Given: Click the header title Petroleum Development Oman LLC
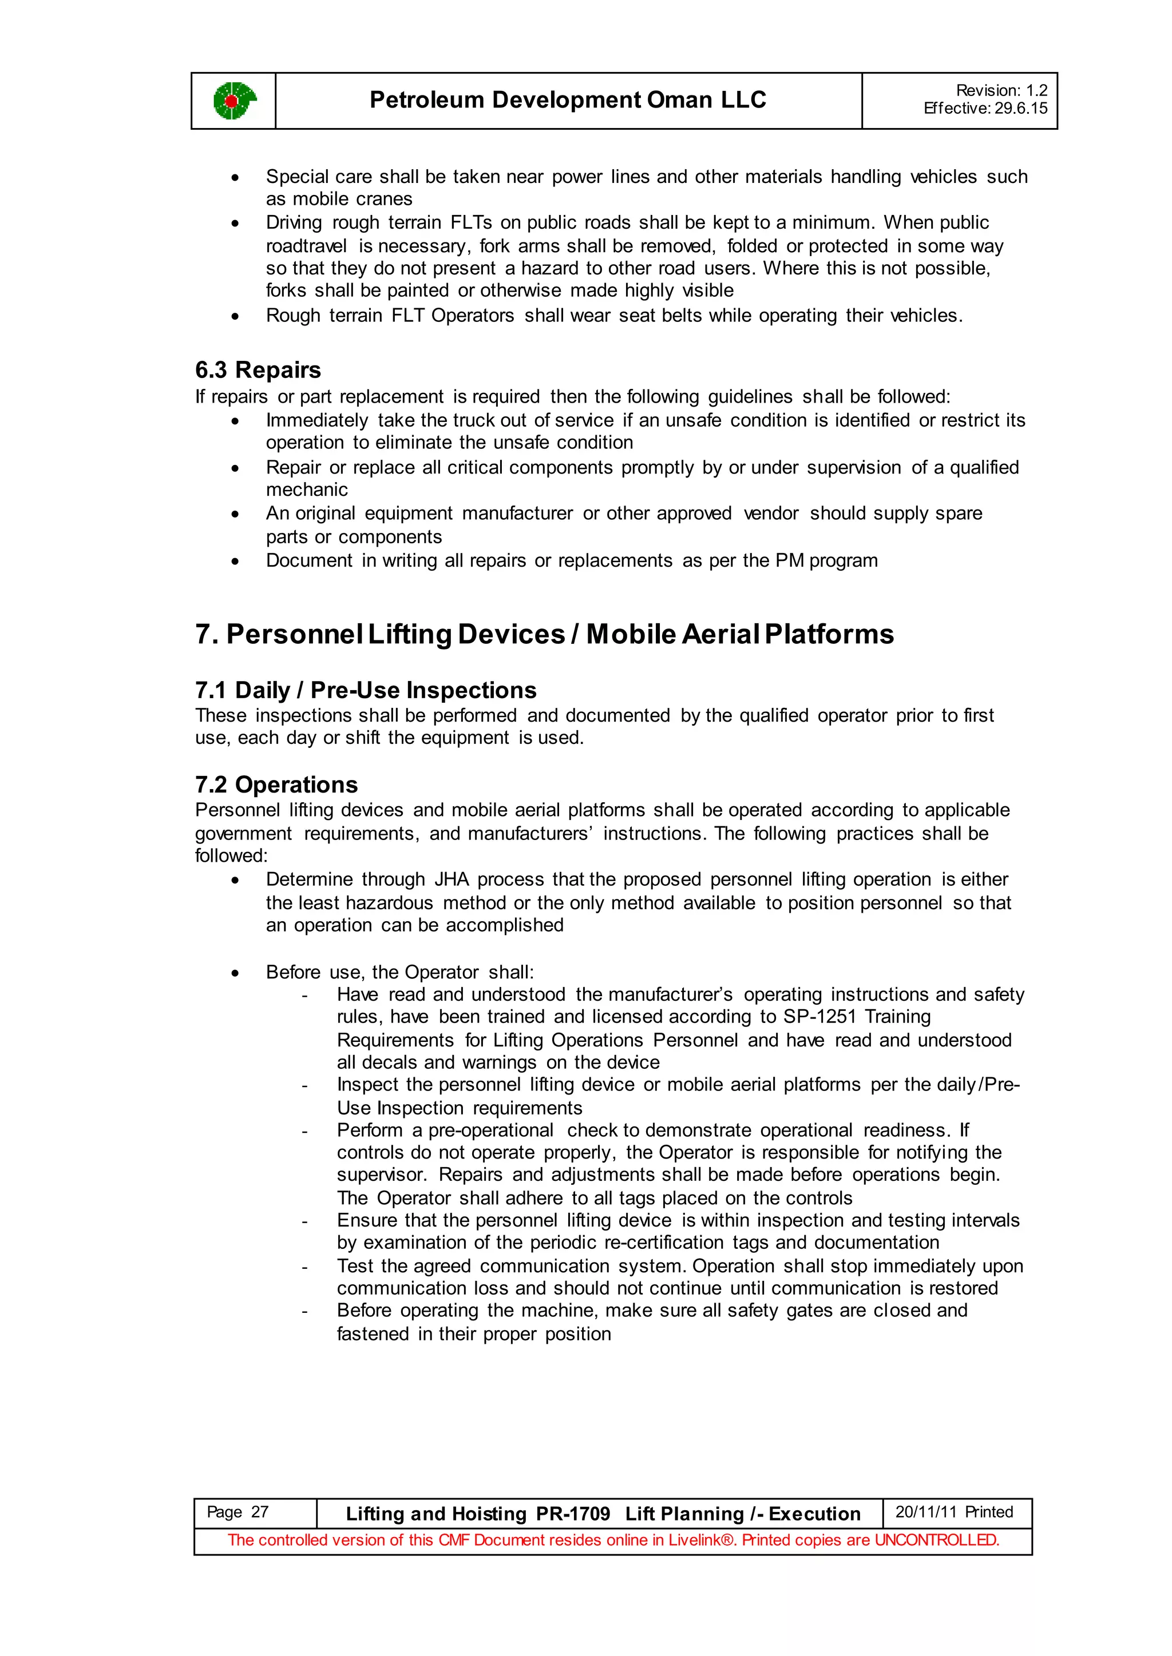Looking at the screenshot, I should coord(567,99).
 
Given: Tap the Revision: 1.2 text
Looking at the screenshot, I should coord(1001,90).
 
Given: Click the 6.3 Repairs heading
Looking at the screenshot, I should coord(258,369).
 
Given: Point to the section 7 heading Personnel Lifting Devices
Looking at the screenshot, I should coord(544,634).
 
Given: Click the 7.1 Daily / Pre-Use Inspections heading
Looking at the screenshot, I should coord(365,690).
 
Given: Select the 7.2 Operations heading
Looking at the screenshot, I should coord(276,785).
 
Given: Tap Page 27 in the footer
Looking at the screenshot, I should coord(237,1512).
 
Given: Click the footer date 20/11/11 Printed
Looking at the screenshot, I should coord(953,1512).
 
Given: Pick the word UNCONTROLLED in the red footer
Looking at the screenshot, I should coord(936,1540).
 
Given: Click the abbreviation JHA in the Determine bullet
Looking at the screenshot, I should coord(451,879).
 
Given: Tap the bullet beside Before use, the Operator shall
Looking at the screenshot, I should coord(235,973).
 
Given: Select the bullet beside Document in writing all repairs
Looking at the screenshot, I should coord(235,561).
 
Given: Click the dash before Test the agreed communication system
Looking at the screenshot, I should coord(305,1267).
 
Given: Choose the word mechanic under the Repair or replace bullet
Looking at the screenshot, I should coord(307,489).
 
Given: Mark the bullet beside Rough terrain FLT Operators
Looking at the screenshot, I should coord(235,316).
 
